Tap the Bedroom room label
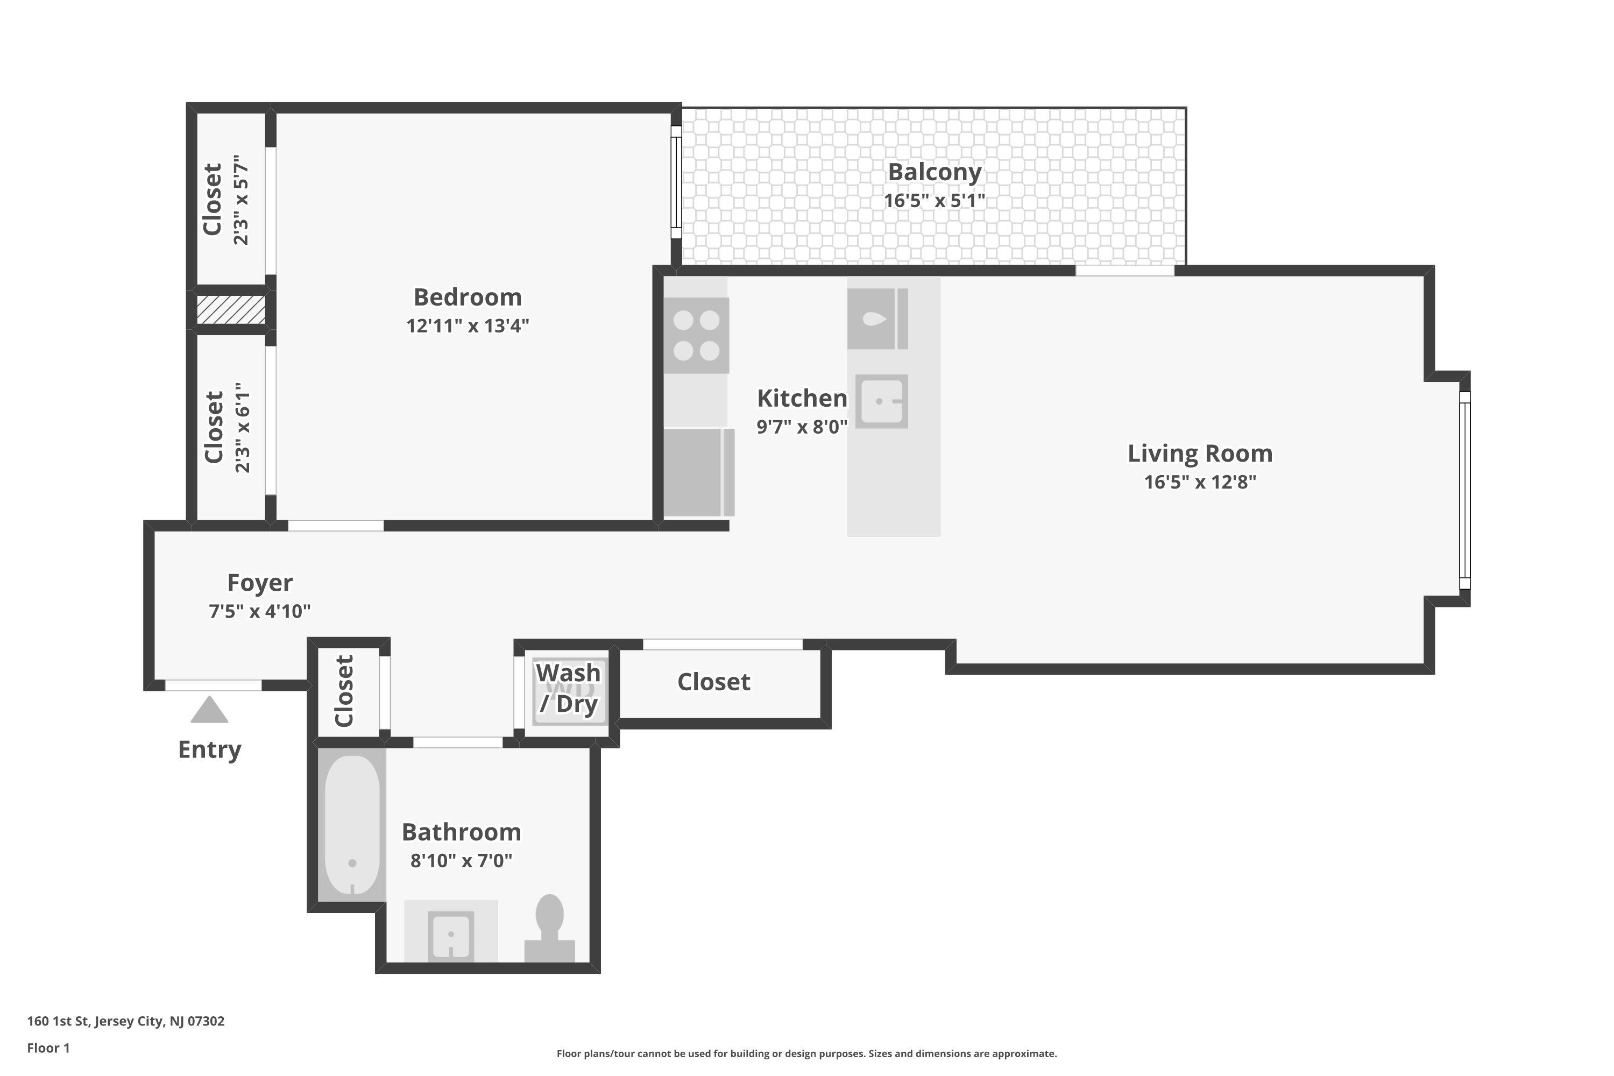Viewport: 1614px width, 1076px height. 468,297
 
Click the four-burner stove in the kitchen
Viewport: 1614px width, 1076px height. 696,336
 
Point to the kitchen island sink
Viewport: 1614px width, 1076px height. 881,401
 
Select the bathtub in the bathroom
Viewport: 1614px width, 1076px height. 352,825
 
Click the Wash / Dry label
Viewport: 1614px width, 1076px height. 569,688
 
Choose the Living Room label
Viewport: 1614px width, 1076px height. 1200,454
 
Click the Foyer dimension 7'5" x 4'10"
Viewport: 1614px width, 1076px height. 259,611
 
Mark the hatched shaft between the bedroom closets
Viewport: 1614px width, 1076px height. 231,309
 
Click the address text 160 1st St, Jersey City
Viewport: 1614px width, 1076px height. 125,1021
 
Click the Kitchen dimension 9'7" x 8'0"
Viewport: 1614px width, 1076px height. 802,427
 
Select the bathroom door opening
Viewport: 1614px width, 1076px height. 458,742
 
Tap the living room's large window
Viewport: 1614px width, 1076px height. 1464,490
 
